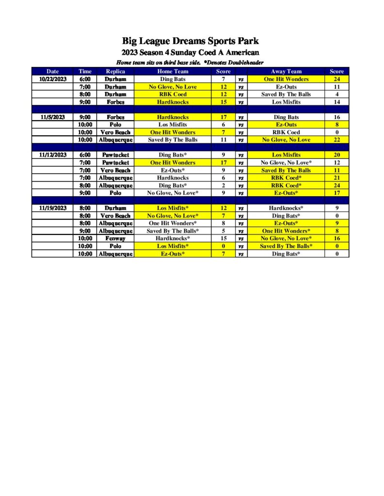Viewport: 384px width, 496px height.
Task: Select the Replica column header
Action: point(115,71)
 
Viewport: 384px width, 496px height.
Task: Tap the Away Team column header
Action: point(286,71)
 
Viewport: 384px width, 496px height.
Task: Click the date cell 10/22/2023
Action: point(52,79)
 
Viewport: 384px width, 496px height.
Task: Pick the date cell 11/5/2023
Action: point(52,117)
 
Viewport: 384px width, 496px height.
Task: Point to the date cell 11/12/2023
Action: point(52,155)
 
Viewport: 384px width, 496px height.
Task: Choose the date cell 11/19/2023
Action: point(52,208)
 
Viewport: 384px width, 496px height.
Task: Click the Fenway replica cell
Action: point(115,238)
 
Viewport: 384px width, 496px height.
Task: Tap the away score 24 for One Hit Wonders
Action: point(336,79)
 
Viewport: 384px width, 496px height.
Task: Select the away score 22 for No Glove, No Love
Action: point(336,140)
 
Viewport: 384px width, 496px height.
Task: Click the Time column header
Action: point(85,71)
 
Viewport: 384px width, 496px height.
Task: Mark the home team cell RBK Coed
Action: point(173,94)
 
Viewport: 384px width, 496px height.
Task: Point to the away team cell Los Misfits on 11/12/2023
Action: point(286,155)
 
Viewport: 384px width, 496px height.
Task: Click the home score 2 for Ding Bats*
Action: point(223,186)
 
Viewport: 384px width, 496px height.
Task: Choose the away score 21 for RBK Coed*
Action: point(336,178)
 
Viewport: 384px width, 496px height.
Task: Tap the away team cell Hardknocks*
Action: point(286,208)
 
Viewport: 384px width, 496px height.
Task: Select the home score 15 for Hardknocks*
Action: point(223,238)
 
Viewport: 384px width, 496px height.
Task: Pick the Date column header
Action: point(52,71)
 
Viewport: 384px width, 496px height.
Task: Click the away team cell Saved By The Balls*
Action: point(286,246)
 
